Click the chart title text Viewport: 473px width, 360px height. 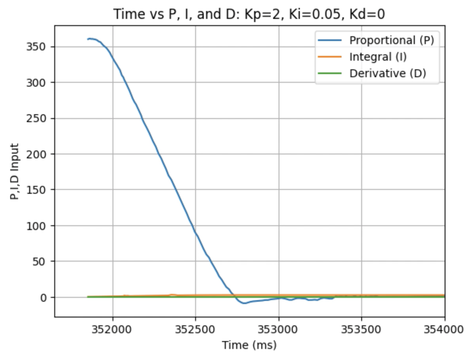(x=249, y=14)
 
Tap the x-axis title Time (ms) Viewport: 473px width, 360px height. (x=249, y=345)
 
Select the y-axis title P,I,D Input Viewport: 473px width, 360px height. (x=15, y=171)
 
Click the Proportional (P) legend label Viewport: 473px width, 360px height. (x=392, y=40)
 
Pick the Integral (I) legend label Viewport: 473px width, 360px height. (x=378, y=57)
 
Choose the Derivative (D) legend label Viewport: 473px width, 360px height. (x=388, y=73)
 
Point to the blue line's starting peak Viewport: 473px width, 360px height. (x=90, y=39)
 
